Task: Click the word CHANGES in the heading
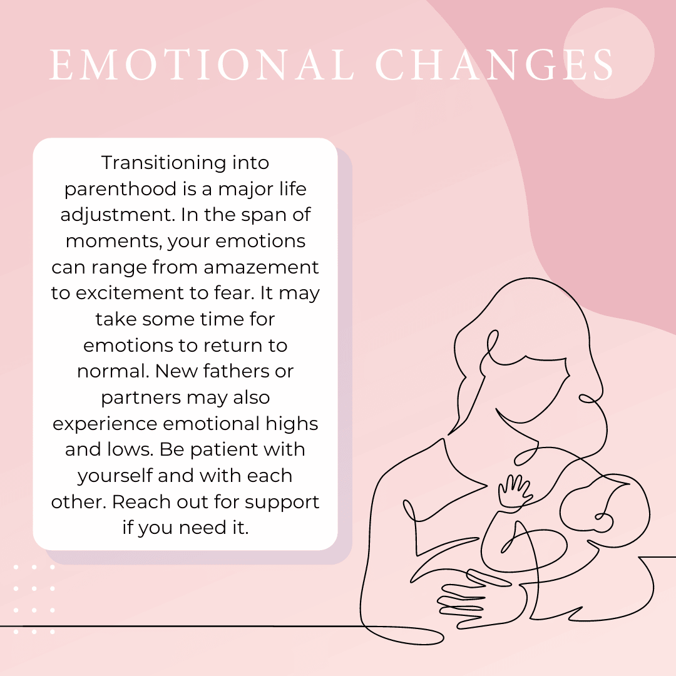(494, 64)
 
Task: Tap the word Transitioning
(164, 163)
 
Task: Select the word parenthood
(120, 189)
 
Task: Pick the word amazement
(261, 267)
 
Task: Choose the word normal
(113, 371)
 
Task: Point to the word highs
(292, 424)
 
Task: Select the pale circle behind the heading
(609, 53)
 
